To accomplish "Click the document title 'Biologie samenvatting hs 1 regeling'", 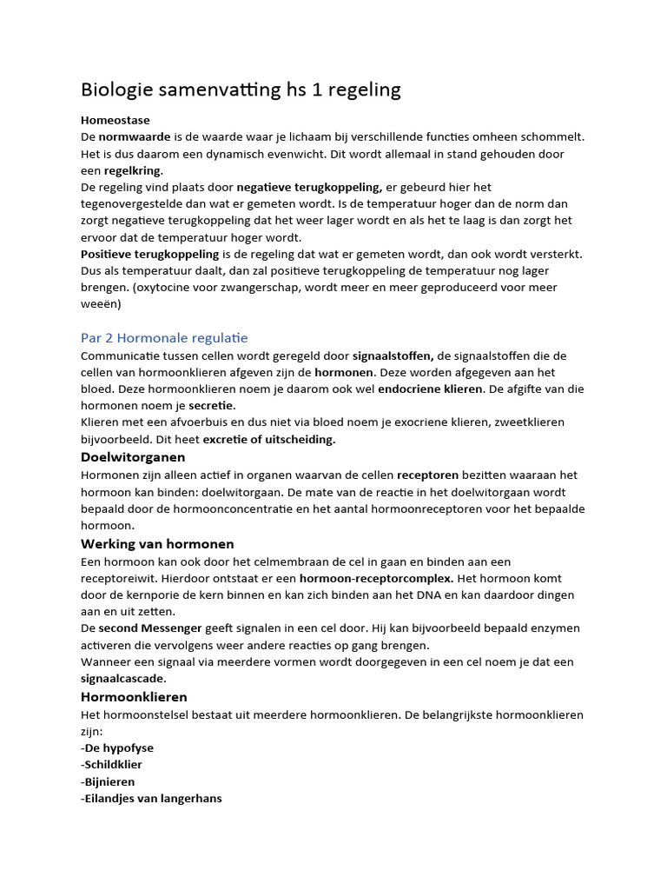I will (x=241, y=90).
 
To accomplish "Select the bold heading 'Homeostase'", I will (x=116, y=121).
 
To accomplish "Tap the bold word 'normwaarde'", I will (x=135, y=137).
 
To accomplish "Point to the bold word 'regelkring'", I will (x=133, y=170).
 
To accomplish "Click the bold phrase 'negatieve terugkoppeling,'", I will (x=309, y=187).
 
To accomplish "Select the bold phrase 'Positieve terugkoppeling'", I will (x=149, y=254).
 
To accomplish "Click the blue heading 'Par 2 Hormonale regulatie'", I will (x=164, y=337).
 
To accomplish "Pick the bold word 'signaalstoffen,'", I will (x=393, y=355).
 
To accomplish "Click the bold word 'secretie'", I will (x=212, y=405).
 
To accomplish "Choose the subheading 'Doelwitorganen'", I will (x=133, y=457).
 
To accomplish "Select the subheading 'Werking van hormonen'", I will (x=157, y=544).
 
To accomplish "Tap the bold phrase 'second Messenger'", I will (x=150, y=628).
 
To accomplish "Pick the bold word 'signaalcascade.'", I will (x=123, y=678).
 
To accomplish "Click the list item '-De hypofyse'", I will (x=117, y=747).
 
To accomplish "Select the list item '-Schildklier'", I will (x=111, y=765).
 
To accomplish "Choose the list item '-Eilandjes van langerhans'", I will (x=151, y=798).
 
